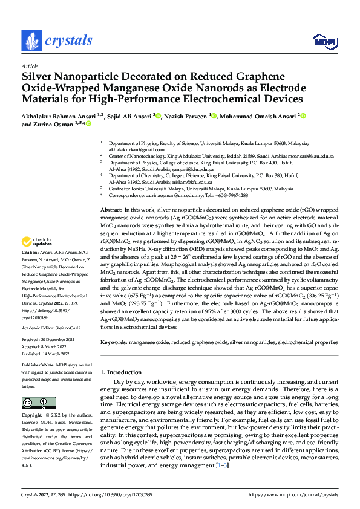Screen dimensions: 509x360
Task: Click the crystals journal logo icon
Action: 31,41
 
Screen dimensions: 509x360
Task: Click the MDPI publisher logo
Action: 321,41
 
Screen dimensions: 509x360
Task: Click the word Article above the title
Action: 29,66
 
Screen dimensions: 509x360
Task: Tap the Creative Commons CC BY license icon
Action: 38,403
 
